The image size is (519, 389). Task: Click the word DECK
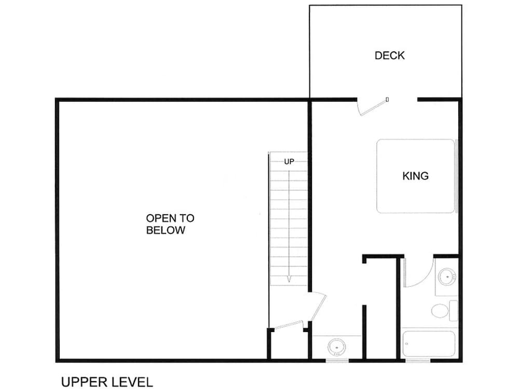point(390,55)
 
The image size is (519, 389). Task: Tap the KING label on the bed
point(415,176)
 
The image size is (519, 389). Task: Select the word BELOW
point(166,230)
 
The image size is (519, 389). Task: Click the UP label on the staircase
point(289,162)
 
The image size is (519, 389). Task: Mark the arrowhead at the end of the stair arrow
point(289,280)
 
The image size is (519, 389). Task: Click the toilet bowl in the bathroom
point(440,311)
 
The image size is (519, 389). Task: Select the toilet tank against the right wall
point(454,311)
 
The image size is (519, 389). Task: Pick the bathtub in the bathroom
point(429,344)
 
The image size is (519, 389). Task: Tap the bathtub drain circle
point(407,344)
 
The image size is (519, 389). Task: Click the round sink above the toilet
point(447,276)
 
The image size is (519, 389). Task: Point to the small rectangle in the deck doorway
point(387,99)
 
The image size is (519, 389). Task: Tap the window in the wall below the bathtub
point(418,360)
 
